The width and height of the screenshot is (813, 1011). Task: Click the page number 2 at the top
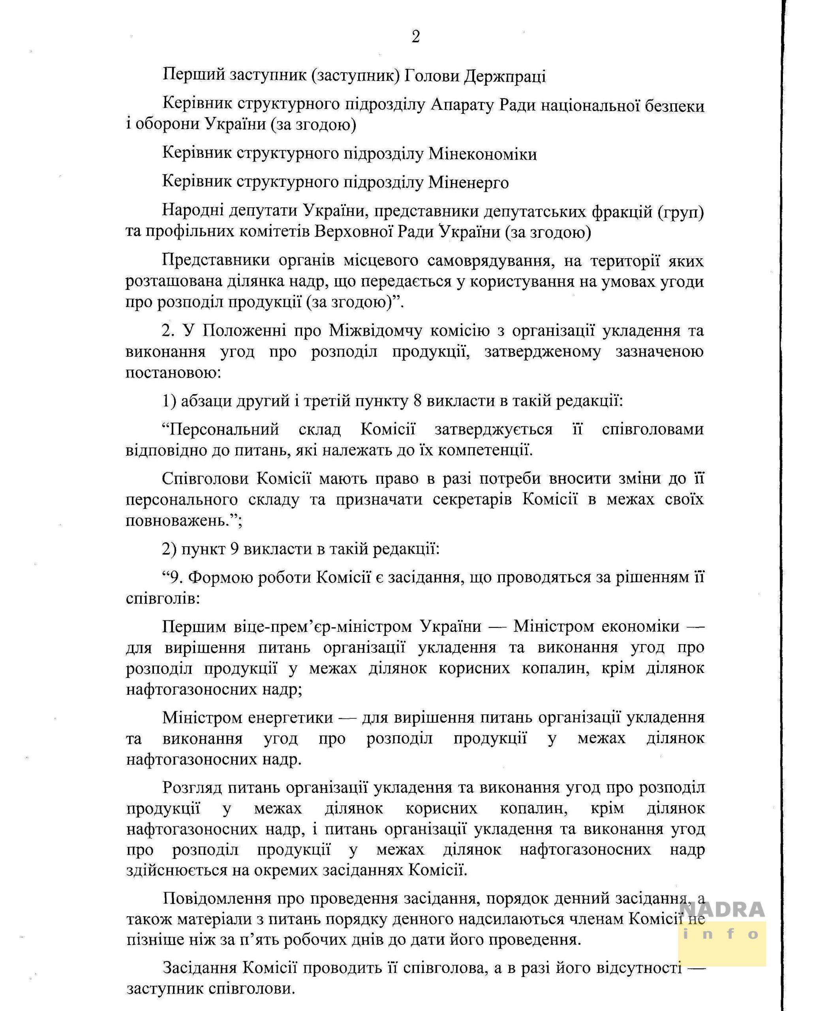[x=415, y=37]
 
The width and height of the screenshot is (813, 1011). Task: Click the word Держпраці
[x=505, y=75]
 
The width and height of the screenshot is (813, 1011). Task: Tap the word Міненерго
[x=468, y=182]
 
